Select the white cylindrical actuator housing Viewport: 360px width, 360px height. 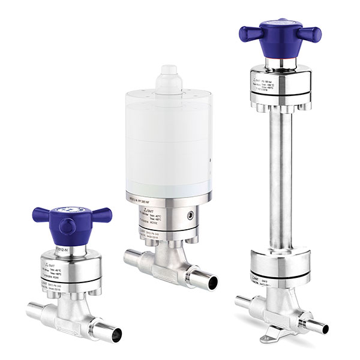pos(168,144)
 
